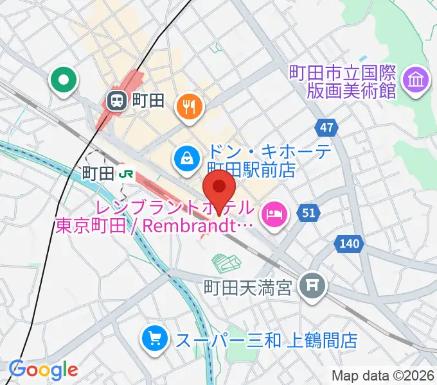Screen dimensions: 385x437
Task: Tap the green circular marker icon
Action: (x=64, y=81)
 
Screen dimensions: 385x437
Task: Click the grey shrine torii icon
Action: (x=313, y=283)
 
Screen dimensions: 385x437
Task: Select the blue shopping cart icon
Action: (x=155, y=338)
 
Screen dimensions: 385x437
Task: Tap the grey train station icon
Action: (x=116, y=100)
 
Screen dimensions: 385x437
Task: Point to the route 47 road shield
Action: (x=327, y=128)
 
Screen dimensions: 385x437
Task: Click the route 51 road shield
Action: (x=309, y=213)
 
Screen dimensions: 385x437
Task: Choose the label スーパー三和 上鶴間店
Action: (x=267, y=339)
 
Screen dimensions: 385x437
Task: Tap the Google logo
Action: (x=43, y=370)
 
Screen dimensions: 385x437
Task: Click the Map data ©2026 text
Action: (x=383, y=375)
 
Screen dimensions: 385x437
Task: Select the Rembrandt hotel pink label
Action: (x=157, y=218)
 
